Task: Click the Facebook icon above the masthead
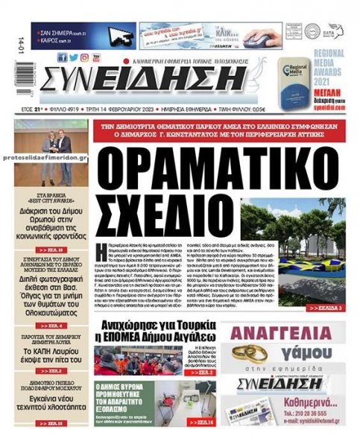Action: (63, 57)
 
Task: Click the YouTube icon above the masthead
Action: (96, 57)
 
